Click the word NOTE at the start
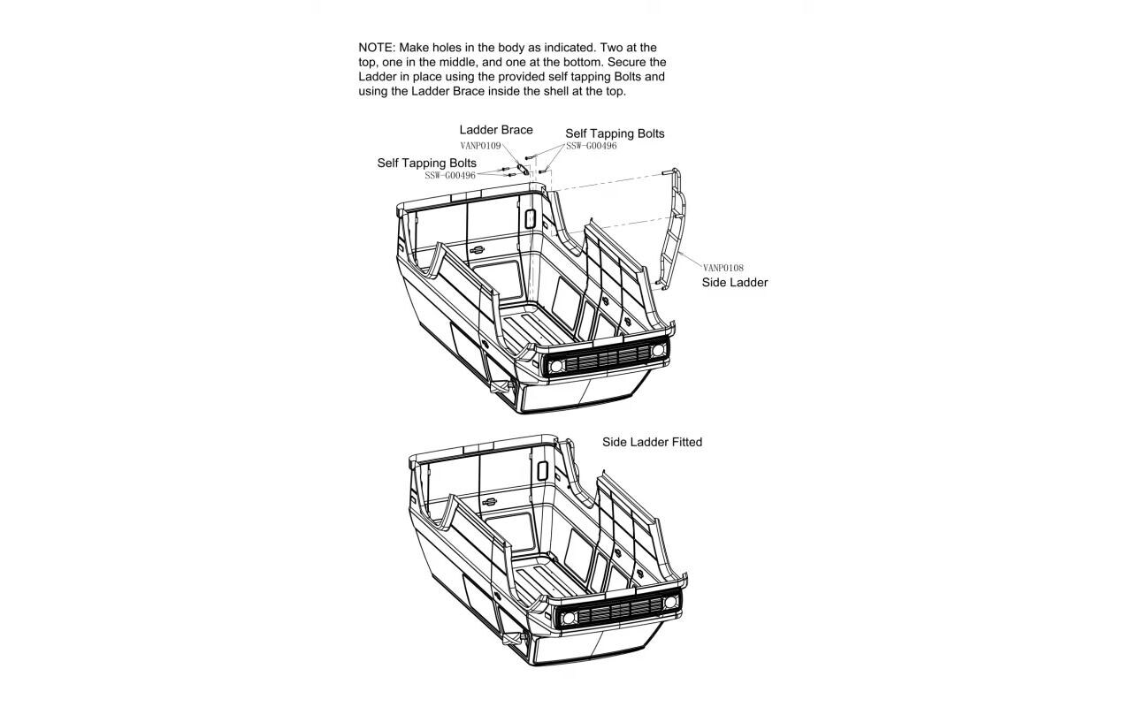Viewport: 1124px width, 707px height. tap(376, 47)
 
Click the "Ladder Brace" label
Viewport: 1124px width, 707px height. tap(495, 130)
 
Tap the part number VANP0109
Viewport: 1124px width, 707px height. tap(480, 145)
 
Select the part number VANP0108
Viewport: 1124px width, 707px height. tap(723, 268)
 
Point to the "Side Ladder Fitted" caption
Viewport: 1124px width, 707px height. tap(652, 442)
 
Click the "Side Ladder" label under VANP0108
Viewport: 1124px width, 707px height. tap(734, 283)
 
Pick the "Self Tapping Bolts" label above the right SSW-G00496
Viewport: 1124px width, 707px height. tap(615, 133)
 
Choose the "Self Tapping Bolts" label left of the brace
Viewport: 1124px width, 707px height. tap(426, 163)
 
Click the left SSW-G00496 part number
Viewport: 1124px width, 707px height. tap(450, 175)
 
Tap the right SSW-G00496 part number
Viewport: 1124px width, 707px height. tap(592, 146)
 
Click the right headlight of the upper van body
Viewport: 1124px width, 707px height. tap(658, 351)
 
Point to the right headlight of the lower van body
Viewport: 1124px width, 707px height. tap(670, 603)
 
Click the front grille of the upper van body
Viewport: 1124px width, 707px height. tap(607, 358)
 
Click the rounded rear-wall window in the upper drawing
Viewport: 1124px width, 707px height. tap(530, 217)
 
